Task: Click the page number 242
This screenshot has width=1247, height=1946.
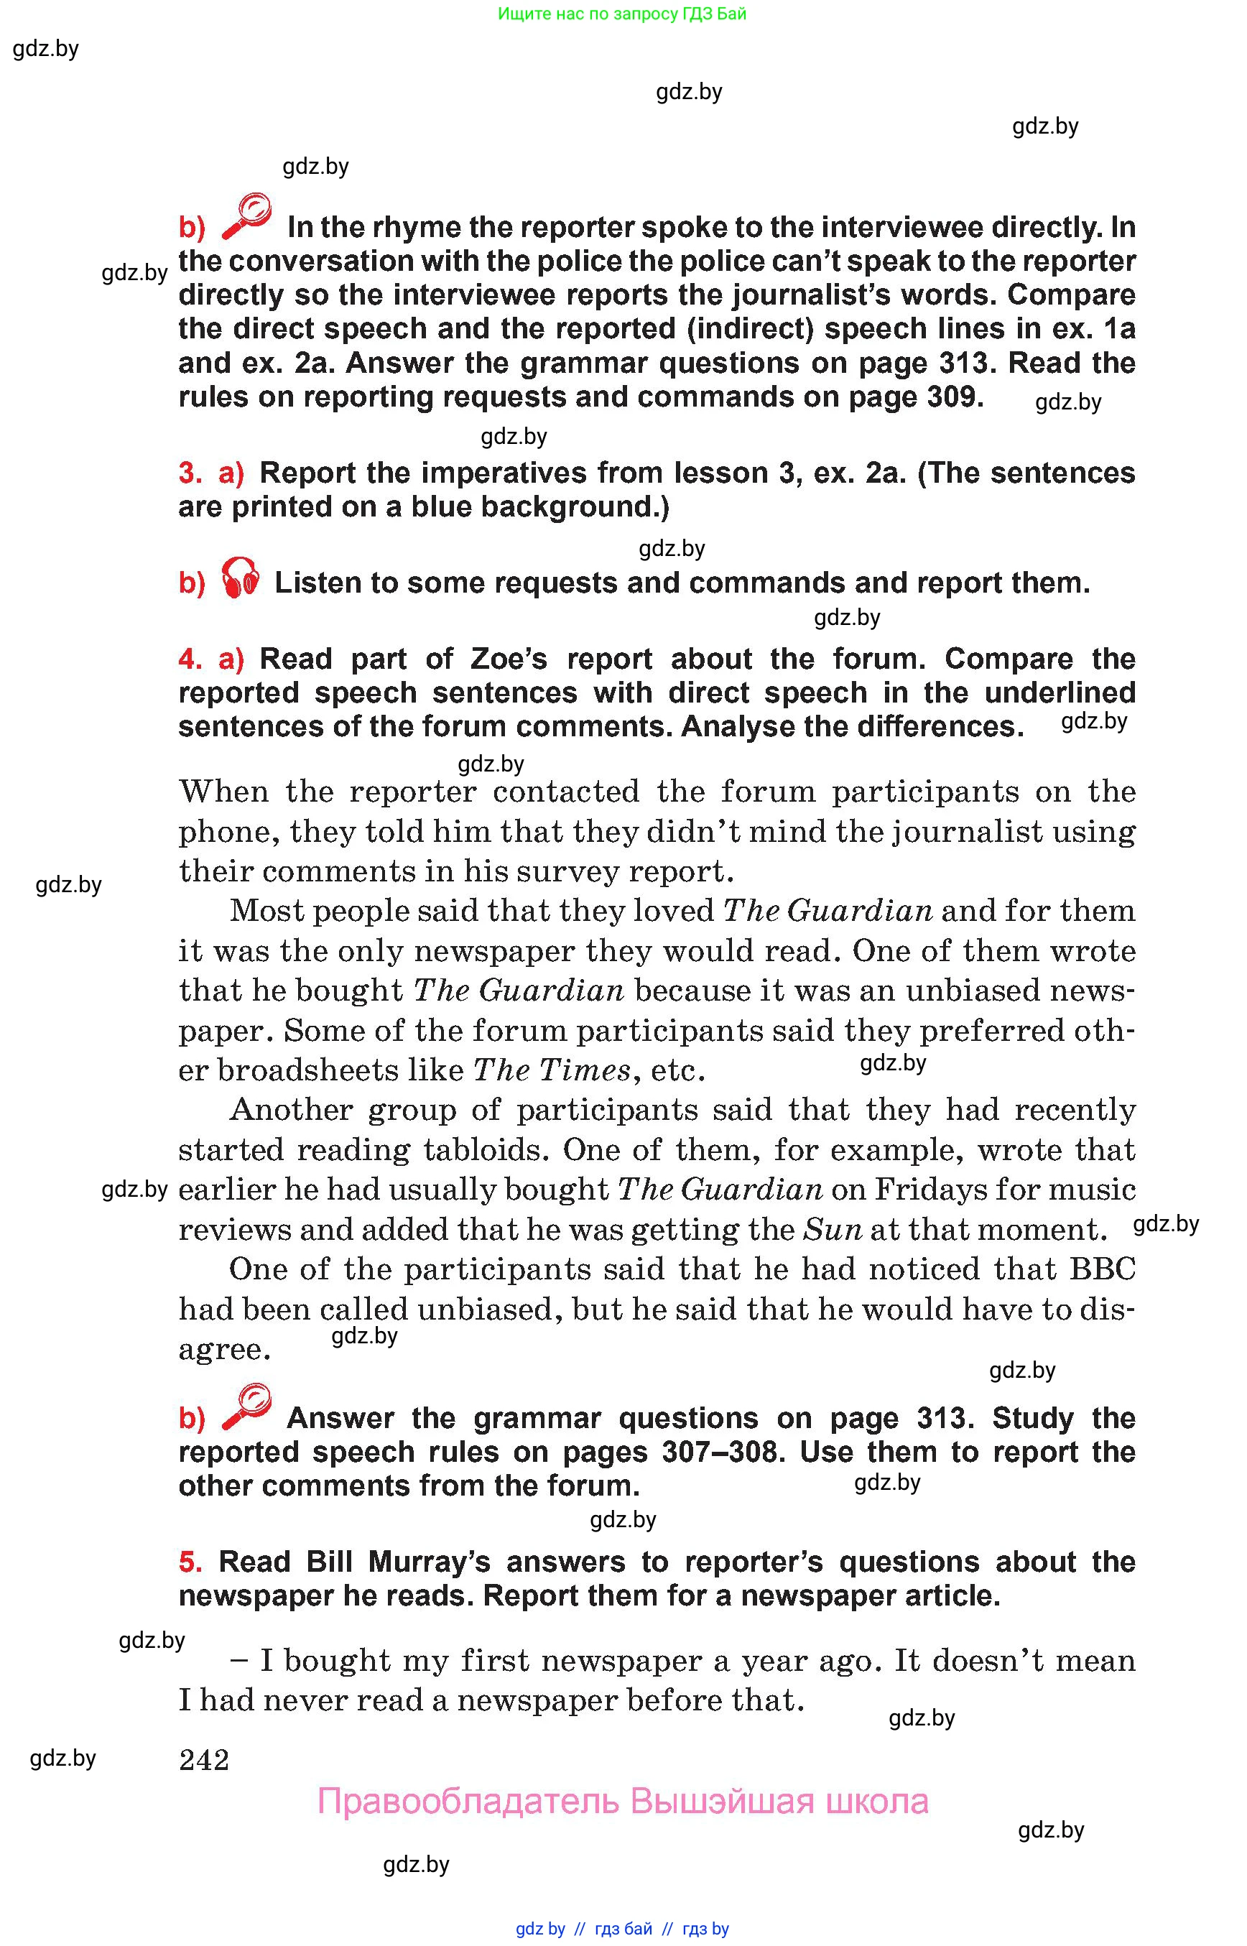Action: tap(204, 1760)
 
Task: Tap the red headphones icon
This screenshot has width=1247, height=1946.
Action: tap(241, 578)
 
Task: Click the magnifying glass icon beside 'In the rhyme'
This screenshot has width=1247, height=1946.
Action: tap(246, 216)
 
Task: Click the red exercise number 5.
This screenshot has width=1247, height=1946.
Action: tap(190, 1562)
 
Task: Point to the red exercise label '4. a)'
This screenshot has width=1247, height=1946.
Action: tap(210, 659)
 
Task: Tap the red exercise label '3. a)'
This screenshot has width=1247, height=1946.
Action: tap(210, 473)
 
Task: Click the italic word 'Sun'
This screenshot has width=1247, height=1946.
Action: tap(833, 1229)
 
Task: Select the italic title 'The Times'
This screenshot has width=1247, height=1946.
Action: tap(552, 1070)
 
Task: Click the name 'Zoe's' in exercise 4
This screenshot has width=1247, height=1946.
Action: tap(509, 659)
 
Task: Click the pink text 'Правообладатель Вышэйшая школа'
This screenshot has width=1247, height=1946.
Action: tap(622, 1801)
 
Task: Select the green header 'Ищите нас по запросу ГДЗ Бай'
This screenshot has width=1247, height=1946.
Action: tap(622, 14)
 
